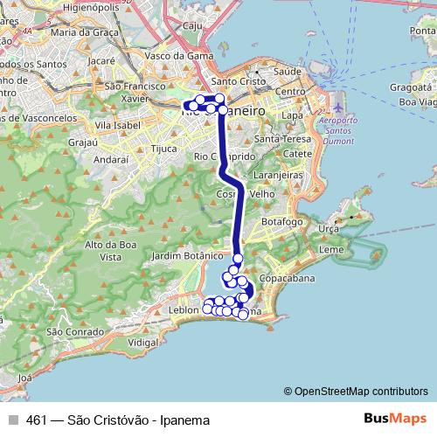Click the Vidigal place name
(x=143, y=343)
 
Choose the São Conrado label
(x=66, y=331)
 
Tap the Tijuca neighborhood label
(x=164, y=149)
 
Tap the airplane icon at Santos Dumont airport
(x=338, y=108)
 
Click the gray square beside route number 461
(x=13, y=420)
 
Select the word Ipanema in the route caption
(x=185, y=420)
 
